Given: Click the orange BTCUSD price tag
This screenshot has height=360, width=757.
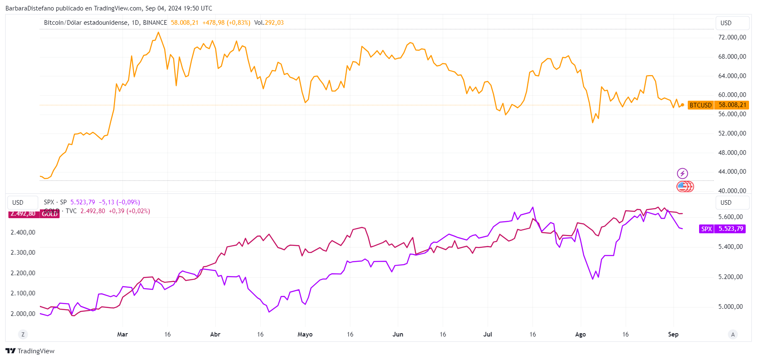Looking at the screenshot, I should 717,105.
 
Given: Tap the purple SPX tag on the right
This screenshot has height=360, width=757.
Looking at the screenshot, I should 722,229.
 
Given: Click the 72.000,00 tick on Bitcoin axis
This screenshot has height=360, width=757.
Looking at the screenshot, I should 732,37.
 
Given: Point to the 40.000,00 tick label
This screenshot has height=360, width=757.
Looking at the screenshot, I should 732,190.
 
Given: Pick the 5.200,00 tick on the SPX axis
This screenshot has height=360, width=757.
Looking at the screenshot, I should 730,277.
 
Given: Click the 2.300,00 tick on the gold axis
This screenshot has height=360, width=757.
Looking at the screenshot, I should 23,253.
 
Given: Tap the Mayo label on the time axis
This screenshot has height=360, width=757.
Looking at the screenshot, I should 305,334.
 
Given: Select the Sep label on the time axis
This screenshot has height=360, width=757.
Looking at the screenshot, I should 673,334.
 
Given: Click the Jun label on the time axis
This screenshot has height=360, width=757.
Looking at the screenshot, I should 398,334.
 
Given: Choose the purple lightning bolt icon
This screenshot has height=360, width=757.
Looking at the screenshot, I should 682,173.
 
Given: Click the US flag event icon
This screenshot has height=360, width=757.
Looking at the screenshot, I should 683,186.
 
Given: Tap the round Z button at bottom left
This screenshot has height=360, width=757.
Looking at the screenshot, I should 23,334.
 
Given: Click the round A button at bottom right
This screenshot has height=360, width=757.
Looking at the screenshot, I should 733,334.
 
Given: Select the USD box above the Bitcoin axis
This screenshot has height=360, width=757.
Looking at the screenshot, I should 732,23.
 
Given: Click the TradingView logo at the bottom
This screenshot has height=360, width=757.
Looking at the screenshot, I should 30,351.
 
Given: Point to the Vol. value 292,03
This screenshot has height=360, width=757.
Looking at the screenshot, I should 274,23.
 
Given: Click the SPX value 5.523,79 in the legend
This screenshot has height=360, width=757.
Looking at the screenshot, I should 83,202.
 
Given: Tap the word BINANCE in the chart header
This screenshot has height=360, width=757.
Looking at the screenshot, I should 155,23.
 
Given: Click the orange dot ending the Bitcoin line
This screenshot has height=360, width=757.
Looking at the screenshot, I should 683,104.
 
